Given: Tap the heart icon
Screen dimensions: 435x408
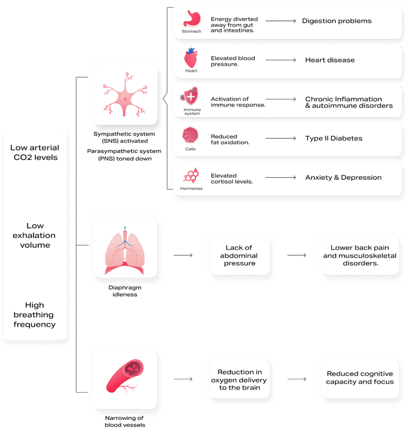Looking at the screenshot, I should [x=191, y=58].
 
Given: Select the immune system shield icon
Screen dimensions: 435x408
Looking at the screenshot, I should [x=191, y=97].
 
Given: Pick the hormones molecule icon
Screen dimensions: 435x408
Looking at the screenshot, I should [x=190, y=175].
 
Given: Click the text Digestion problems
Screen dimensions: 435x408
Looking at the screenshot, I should [x=337, y=21].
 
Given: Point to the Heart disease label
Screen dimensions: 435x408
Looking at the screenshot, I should [x=330, y=60].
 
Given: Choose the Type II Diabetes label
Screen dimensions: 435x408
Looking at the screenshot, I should [x=334, y=138].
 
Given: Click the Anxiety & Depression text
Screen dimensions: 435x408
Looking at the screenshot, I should [x=343, y=178].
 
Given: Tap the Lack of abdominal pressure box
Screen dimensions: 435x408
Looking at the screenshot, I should [x=238, y=255].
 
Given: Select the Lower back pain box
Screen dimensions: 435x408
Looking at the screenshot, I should [x=360, y=255].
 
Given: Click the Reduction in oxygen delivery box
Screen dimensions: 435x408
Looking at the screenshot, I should [x=238, y=380].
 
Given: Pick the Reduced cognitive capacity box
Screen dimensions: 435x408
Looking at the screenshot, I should [x=360, y=378].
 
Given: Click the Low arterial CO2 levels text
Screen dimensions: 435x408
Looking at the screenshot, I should [x=35, y=153].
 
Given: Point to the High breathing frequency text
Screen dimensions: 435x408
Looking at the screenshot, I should [x=35, y=315].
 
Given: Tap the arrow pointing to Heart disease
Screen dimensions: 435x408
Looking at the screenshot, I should [x=280, y=60].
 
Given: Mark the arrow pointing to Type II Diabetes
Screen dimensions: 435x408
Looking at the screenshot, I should [x=280, y=138].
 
